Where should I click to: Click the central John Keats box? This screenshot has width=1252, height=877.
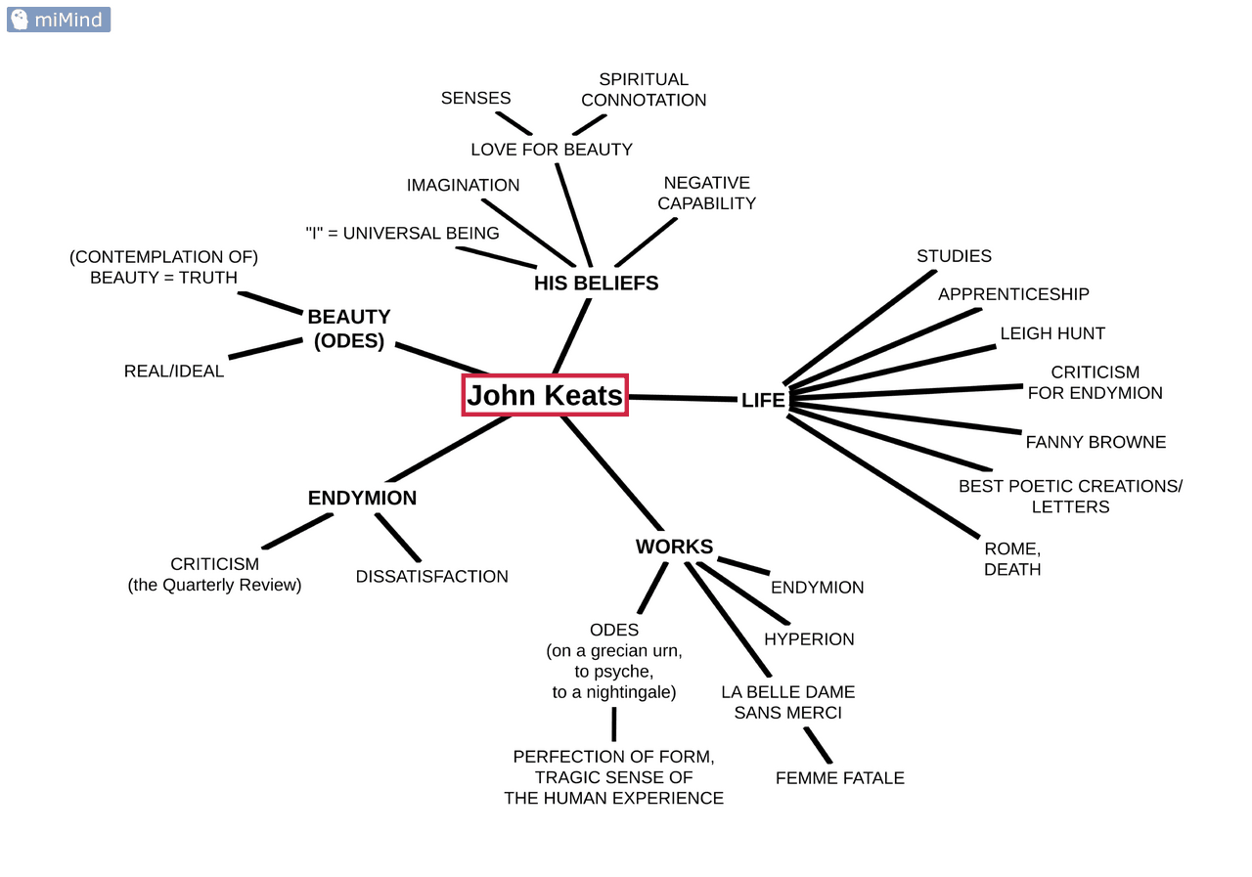point(545,395)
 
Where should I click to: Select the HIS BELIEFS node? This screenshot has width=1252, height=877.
point(596,284)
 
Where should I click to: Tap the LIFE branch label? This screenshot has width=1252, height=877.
point(763,400)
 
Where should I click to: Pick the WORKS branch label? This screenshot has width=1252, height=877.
point(674,547)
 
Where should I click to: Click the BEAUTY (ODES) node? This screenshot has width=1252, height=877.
point(348,329)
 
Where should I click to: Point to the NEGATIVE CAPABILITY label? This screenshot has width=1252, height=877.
point(706,193)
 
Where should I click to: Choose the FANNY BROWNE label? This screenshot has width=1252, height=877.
point(1095,442)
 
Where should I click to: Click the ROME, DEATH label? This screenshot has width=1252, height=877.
point(1012,558)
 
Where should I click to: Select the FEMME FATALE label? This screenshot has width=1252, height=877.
point(839,778)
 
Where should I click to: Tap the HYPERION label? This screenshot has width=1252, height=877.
point(809,639)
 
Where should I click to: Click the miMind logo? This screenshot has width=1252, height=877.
point(59,20)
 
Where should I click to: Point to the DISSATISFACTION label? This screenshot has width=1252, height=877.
point(431,577)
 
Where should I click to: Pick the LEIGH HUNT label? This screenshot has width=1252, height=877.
point(1052,333)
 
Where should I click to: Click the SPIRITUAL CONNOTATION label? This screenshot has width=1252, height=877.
point(644,89)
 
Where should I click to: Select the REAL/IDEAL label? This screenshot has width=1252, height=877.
point(174,372)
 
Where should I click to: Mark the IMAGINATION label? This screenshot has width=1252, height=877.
point(463,185)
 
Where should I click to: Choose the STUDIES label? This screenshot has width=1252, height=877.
point(954,256)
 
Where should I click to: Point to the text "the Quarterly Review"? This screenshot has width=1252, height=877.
point(214,585)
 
